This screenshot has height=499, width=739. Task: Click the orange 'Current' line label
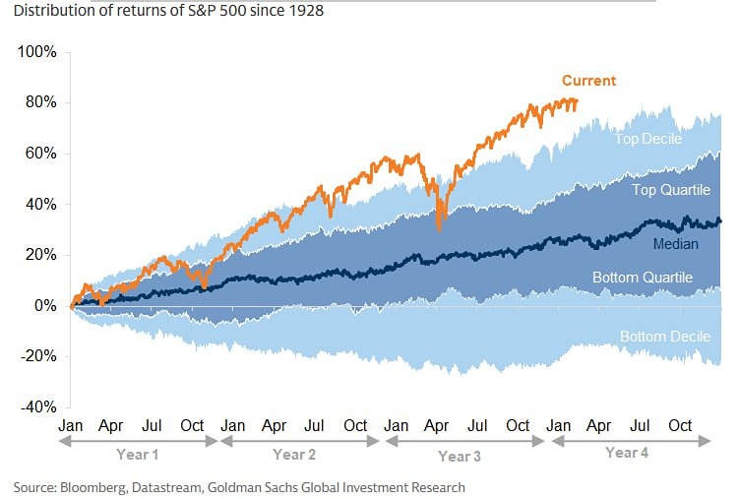click(x=588, y=81)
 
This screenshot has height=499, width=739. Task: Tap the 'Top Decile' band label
click(x=647, y=139)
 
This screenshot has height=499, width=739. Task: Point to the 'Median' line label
click(x=677, y=243)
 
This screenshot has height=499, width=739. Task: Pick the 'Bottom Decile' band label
click(x=665, y=337)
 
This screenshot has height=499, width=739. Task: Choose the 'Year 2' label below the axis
click(x=294, y=455)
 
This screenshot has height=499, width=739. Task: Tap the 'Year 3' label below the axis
click(x=460, y=456)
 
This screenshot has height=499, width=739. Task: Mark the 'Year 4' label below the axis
click(x=628, y=453)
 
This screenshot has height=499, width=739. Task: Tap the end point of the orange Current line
click(x=577, y=101)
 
